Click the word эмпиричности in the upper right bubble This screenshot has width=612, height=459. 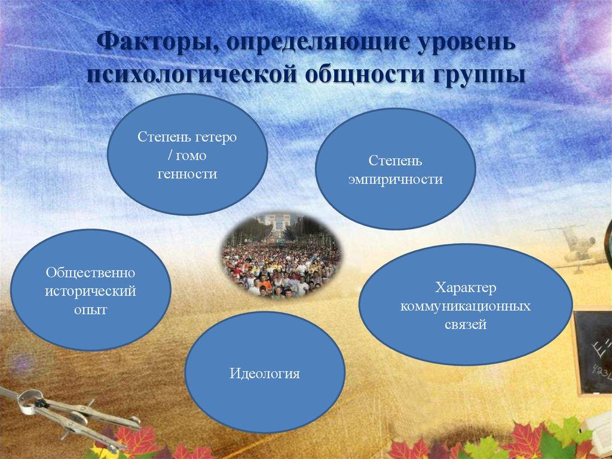[x=396, y=179]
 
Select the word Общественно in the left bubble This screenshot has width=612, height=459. [x=91, y=273]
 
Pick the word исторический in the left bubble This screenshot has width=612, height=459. [x=91, y=291]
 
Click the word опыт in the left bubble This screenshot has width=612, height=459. [x=91, y=310]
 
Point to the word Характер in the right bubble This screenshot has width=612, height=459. [x=466, y=288]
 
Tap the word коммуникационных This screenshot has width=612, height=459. [x=466, y=306]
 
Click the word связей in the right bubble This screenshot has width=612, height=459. [x=466, y=325]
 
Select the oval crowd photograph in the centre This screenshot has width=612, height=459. [x=281, y=255]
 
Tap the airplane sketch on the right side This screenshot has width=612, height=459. [x=577, y=242]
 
